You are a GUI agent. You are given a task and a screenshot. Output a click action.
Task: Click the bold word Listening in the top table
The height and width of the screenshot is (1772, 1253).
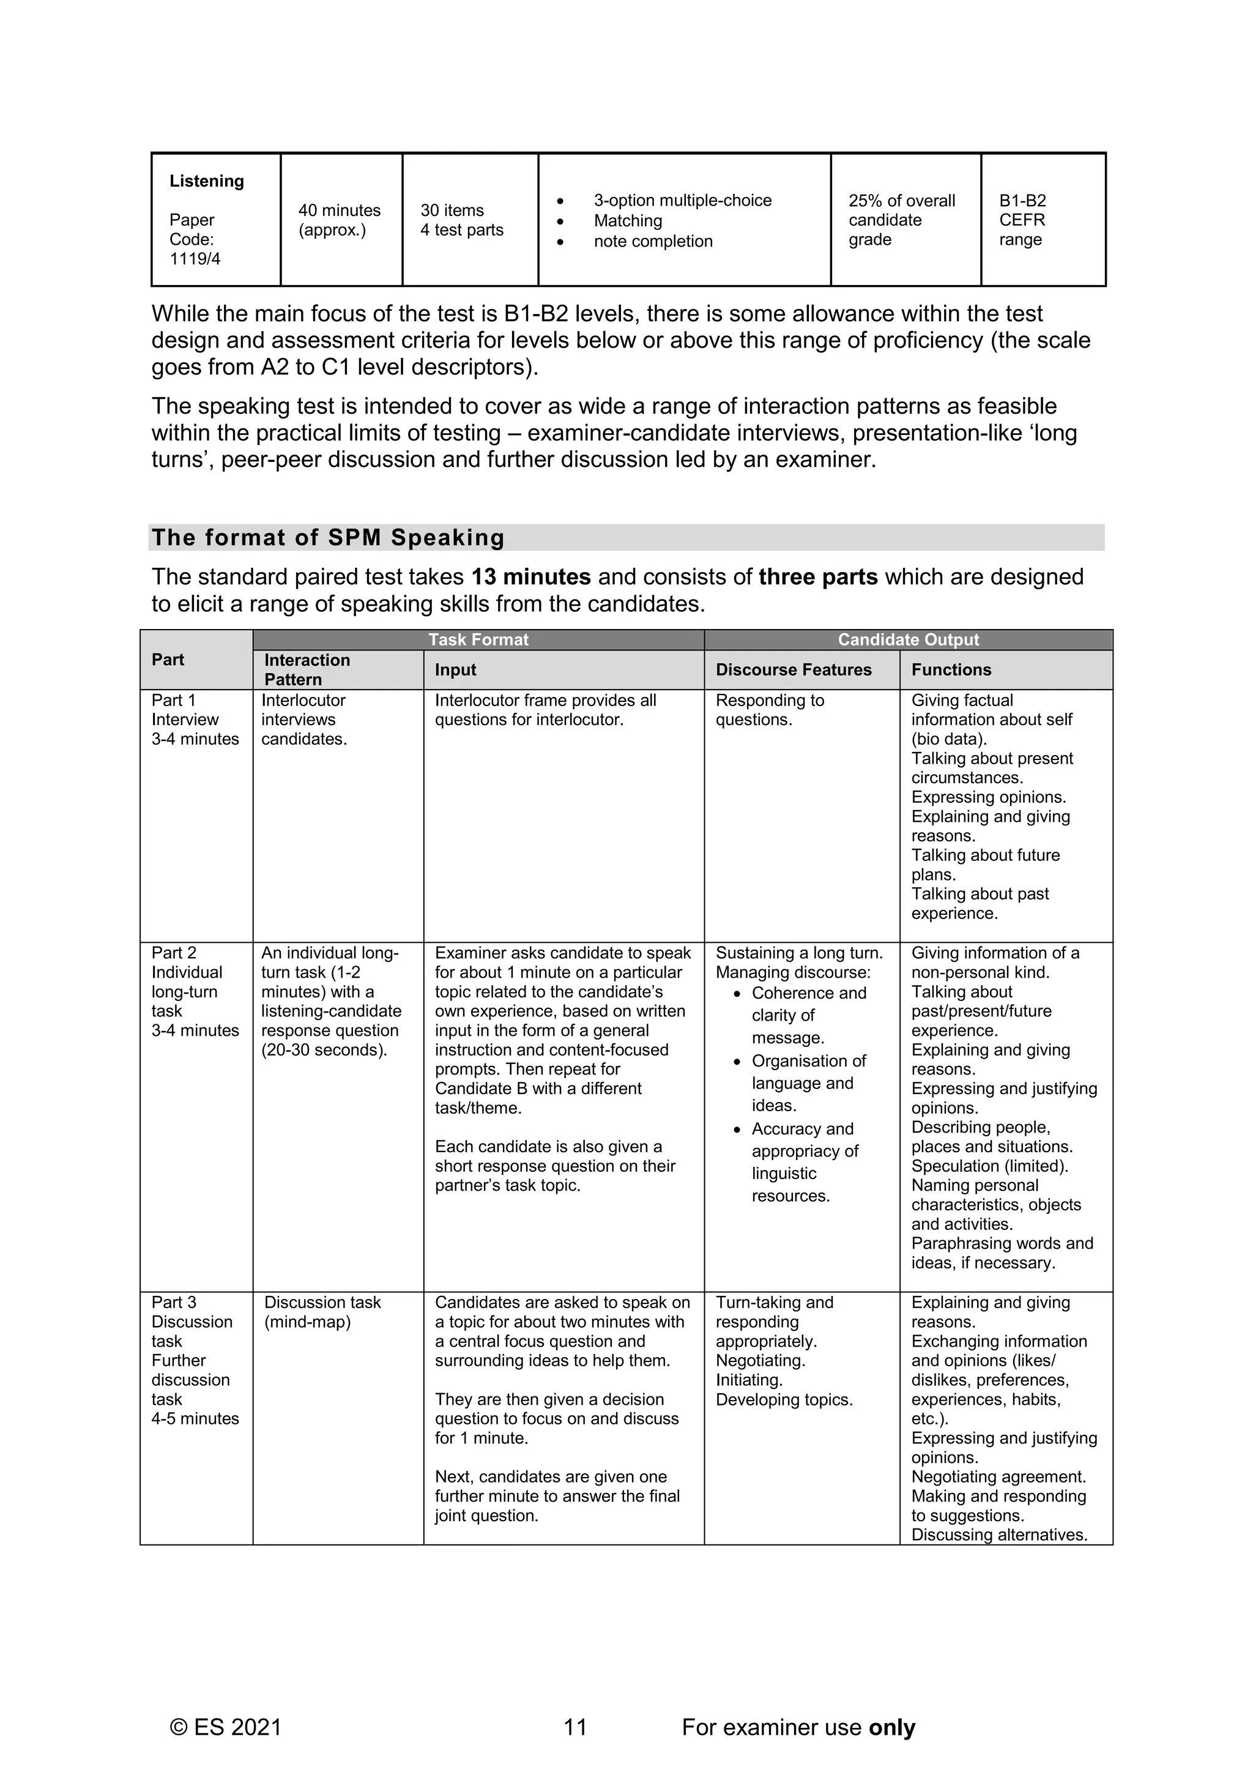click(206, 181)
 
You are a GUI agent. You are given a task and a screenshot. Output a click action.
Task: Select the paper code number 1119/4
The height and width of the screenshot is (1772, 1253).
click(195, 259)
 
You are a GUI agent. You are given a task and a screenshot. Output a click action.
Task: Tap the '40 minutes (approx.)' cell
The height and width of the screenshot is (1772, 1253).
click(340, 220)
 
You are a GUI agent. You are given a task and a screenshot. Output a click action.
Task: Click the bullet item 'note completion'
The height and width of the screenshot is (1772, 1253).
click(653, 242)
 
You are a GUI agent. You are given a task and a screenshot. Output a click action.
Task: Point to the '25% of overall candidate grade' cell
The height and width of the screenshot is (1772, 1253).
click(901, 220)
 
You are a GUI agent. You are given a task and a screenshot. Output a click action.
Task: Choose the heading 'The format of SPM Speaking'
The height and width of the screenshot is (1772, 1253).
click(328, 537)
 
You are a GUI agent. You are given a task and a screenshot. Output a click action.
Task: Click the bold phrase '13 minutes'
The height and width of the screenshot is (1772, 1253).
click(531, 577)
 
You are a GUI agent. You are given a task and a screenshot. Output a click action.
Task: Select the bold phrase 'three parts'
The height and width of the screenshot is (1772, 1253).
click(818, 577)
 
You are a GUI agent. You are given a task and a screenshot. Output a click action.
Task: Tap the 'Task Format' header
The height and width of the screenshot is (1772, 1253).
click(478, 640)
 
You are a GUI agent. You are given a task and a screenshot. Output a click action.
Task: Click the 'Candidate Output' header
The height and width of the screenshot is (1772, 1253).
click(908, 640)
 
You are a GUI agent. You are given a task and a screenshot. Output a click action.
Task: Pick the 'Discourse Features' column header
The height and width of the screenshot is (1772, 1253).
click(793, 670)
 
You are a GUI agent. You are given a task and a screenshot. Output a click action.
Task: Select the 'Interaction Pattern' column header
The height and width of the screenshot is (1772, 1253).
click(307, 669)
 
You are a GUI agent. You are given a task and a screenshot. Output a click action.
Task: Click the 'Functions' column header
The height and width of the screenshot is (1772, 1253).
click(951, 670)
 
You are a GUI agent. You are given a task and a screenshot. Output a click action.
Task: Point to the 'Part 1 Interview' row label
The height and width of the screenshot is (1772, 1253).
click(185, 710)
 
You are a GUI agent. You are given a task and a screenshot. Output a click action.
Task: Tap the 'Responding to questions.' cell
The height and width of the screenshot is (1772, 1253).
click(769, 710)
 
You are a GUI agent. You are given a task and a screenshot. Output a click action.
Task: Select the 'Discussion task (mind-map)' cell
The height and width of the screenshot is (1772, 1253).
click(322, 1312)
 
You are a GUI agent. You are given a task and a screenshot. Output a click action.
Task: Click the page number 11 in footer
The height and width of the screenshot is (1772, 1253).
click(576, 1727)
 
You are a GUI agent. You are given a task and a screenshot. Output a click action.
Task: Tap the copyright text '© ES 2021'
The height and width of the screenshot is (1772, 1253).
click(226, 1727)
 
